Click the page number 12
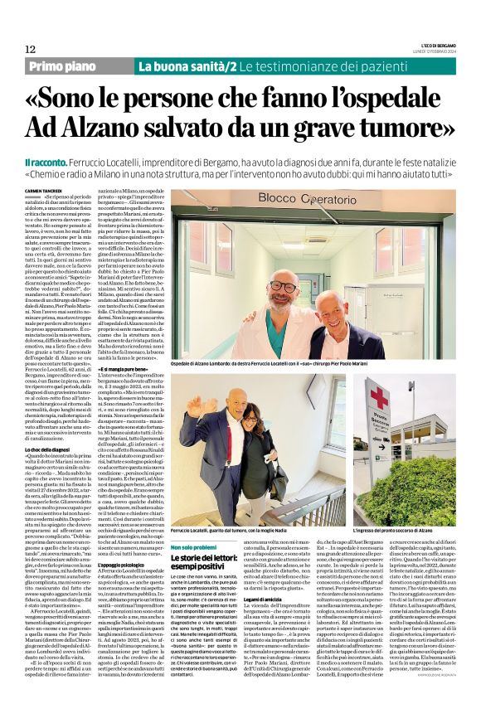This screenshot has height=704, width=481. click(x=30, y=50)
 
